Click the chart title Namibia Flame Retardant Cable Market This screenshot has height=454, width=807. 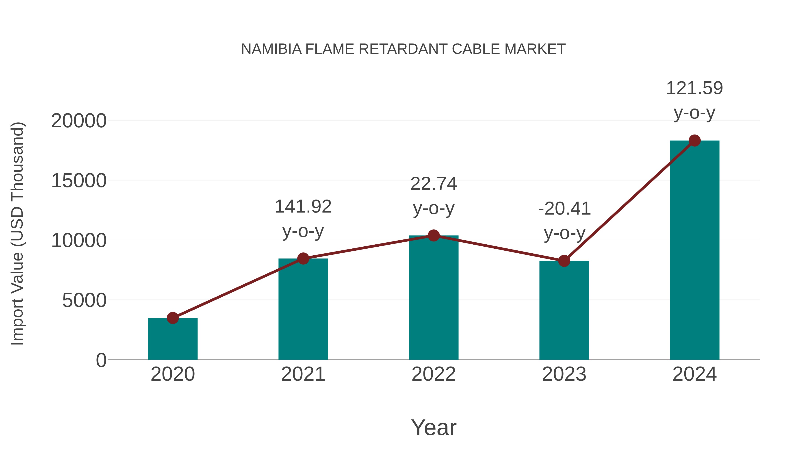pyautogui.click(x=403, y=49)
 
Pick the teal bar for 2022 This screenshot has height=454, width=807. pyautogui.click(x=434, y=298)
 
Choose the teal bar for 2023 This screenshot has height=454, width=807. pyautogui.click(x=564, y=310)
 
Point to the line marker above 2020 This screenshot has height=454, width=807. pyautogui.click(x=173, y=318)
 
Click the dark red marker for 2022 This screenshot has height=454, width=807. pyautogui.click(x=434, y=235)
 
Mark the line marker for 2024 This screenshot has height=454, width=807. pyautogui.click(x=694, y=141)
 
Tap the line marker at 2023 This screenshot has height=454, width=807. pyautogui.click(x=564, y=261)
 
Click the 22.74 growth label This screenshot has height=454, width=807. pyautogui.click(x=434, y=196)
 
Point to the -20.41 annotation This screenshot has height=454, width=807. pyautogui.click(x=564, y=221)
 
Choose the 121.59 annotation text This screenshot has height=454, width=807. pyautogui.click(x=694, y=100)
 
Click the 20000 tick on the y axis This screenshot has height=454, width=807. pyautogui.click(x=79, y=121)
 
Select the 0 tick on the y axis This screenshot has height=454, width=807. pyautogui.click(x=101, y=360)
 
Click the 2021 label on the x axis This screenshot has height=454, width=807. pyautogui.click(x=303, y=374)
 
